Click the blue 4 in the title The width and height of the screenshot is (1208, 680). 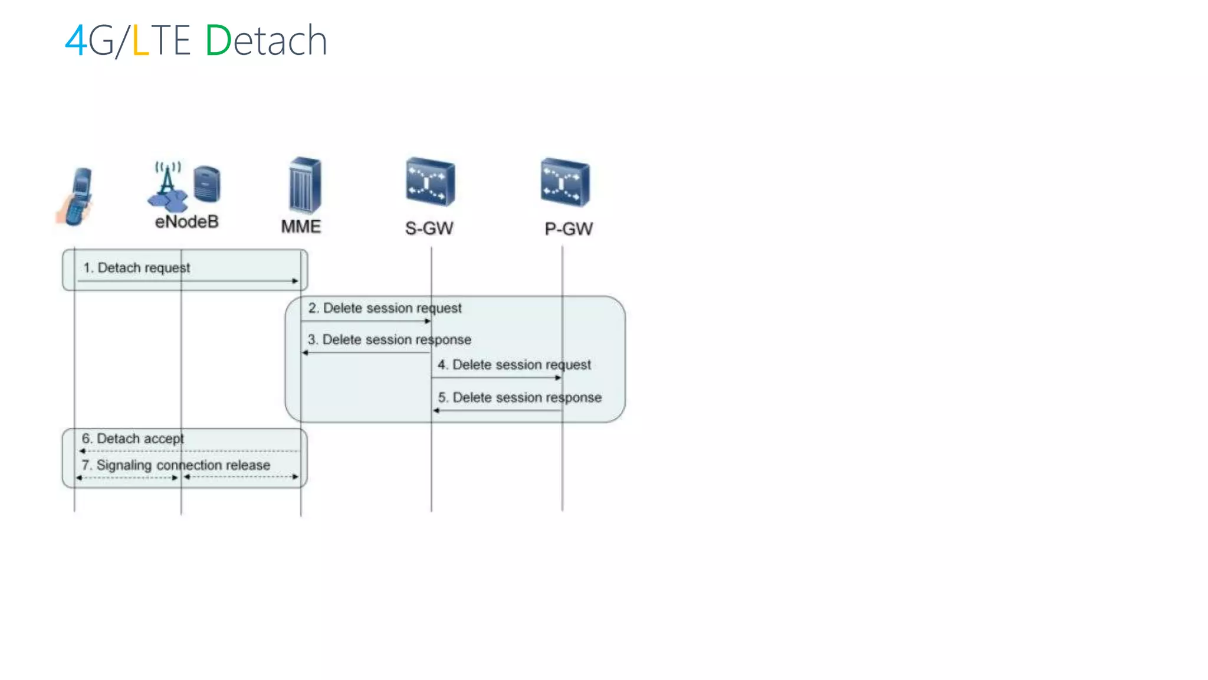75,41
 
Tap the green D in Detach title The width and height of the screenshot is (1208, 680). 218,41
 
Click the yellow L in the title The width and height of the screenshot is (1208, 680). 140,41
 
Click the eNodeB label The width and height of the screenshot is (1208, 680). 186,222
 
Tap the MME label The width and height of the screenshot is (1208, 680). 301,227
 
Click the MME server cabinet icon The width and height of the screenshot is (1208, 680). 305,185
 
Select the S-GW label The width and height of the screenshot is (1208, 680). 429,228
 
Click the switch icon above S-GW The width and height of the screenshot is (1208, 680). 431,182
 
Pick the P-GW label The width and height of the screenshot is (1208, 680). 569,229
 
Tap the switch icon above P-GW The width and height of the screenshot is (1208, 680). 565,182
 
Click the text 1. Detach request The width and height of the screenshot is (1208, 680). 136,268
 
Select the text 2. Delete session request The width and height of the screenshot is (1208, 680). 385,308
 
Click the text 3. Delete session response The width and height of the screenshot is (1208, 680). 389,340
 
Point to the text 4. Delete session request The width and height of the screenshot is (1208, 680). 514,365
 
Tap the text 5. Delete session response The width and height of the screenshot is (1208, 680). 519,398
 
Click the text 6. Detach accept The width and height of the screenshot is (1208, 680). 133,439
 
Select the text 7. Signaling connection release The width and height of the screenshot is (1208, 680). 176,465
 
